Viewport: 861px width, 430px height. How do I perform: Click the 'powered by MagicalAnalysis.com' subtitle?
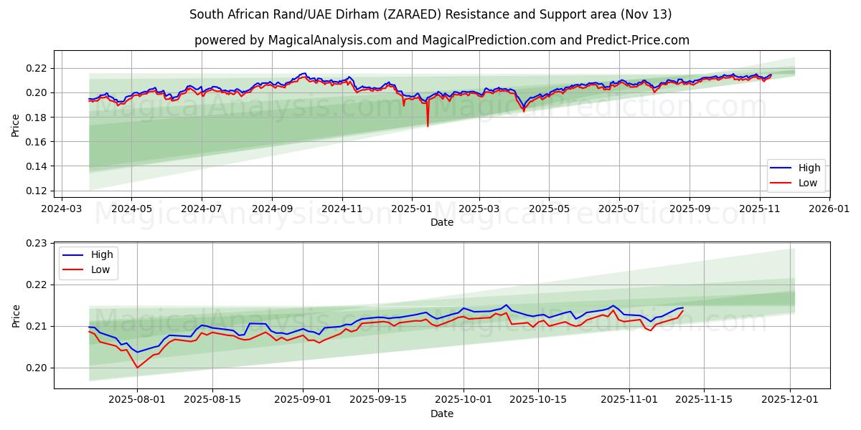pos(441,40)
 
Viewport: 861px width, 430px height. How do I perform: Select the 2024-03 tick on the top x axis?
pos(61,209)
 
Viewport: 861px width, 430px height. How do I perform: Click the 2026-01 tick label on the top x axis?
pos(829,209)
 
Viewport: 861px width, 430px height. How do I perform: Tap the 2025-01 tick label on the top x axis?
pos(412,209)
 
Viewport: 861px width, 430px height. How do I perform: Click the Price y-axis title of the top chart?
pos(16,125)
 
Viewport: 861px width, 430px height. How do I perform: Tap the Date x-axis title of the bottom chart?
pos(441,414)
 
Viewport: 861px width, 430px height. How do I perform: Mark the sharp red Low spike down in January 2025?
pos(428,126)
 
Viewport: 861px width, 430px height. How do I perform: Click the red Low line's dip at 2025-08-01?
pos(137,367)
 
